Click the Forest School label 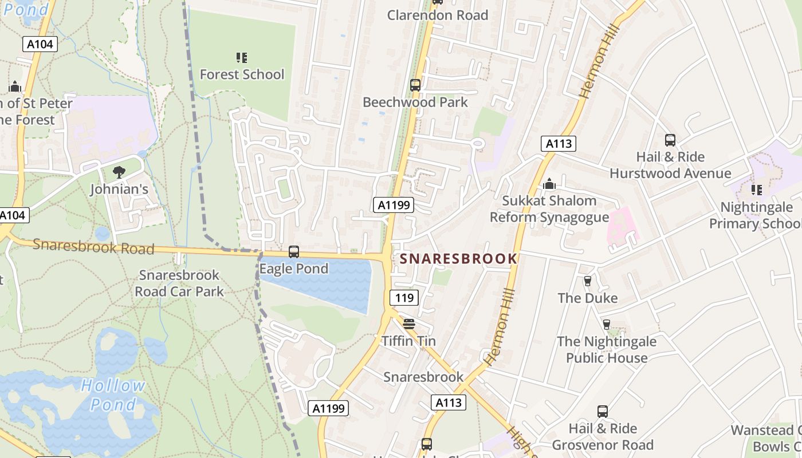242,74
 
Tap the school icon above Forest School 242,57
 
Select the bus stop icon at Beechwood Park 415,85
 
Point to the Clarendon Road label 438,15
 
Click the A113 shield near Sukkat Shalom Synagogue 559,144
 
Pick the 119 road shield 404,298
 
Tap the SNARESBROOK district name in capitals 458,259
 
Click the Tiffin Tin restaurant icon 408,324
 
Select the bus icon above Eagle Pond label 294,252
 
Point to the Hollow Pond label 113,395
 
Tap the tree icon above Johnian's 119,172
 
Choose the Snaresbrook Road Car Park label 179,283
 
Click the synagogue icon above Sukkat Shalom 549,184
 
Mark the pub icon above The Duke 587,281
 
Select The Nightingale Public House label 607,350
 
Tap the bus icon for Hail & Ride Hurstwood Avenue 670,140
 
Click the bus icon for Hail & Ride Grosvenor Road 603,412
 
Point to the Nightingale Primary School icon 757,189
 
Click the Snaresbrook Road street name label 93,247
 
